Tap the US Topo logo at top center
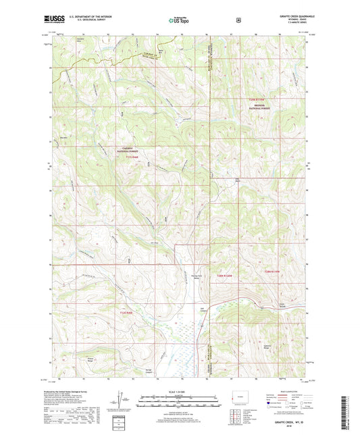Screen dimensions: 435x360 [180, 20]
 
